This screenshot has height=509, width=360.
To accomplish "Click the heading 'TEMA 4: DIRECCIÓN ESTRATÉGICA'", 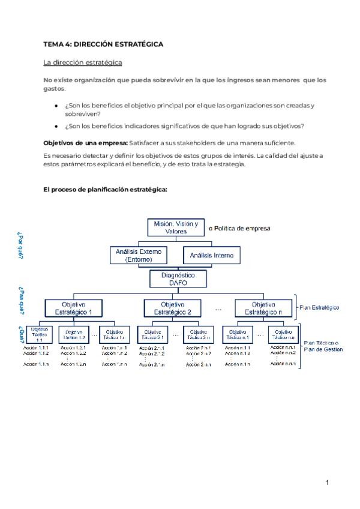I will (x=103, y=44).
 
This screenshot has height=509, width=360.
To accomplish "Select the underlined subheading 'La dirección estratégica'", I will (x=83, y=62).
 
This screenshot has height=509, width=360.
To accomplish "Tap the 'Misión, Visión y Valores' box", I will (x=175, y=227).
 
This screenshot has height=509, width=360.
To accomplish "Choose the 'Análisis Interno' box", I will (x=211, y=256).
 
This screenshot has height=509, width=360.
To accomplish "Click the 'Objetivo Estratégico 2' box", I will (x=172, y=308).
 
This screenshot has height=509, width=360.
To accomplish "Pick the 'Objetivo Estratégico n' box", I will (x=263, y=308).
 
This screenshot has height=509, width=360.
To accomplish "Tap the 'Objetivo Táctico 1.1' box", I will (x=40, y=334).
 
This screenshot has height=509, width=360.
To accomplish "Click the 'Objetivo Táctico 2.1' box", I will (x=152, y=334).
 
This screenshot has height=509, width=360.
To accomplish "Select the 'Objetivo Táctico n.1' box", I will (x=238, y=334).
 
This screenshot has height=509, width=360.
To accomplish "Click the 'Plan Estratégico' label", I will (x=319, y=308).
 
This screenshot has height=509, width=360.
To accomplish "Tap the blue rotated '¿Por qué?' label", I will (x=21, y=245).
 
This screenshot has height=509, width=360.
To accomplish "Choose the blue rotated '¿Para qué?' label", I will (x=21, y=300).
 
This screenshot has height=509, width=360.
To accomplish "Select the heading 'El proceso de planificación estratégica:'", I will (x=105, y=189).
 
